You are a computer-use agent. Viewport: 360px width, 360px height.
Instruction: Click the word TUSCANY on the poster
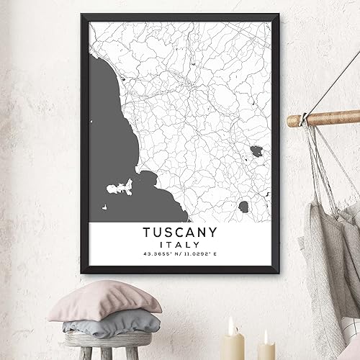[180, 235]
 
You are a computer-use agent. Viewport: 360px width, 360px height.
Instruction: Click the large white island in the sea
[120, 189]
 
